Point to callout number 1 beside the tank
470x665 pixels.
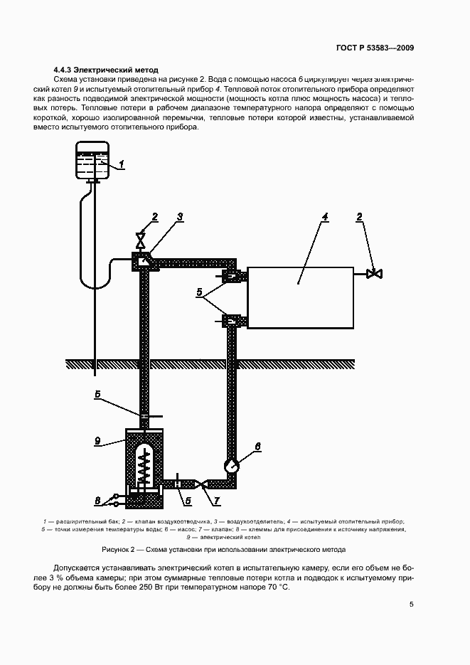pos(121,165)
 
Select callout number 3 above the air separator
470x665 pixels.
pos(181,216)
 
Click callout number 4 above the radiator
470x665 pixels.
pos(324,217)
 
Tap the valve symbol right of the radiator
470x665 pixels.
pos(374,273)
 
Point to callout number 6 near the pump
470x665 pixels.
pos(257,447)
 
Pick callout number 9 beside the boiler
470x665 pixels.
pos(97,441)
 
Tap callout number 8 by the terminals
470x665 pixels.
pos(98,500)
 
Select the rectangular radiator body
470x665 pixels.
pos(299,297)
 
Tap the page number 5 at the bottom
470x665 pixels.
pos(412,605)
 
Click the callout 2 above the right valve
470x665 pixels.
pos(360,216)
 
